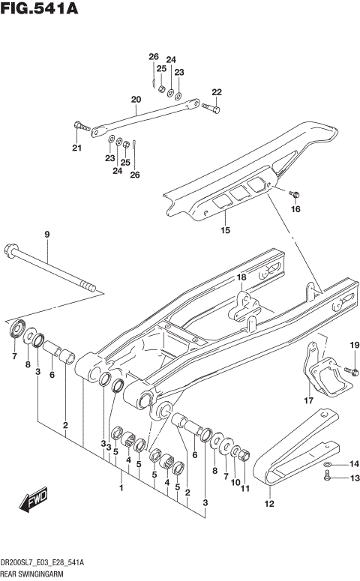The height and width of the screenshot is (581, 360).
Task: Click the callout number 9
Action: pyautogui.click(x=46, y=235)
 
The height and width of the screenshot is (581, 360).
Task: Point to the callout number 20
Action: pyautogui.click(x=136, y=100)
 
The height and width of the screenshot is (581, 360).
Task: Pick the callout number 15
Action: pyautogui.click(x=225, y=230)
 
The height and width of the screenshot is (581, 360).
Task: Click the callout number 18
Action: pyautogui.click(x=241, y=278)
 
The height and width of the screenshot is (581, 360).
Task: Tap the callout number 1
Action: pyautogui.click(x=121, y=488)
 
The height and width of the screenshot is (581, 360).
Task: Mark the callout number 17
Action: pyautogui.click(x=307, y=402)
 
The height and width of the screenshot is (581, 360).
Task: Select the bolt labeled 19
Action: pyautogui.click(x=349, y=370)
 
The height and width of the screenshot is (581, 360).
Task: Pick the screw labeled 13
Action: pyautogui.click(x=328, y=478)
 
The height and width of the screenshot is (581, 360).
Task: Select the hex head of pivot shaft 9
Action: pyautogui.click(x=13, y=250)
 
